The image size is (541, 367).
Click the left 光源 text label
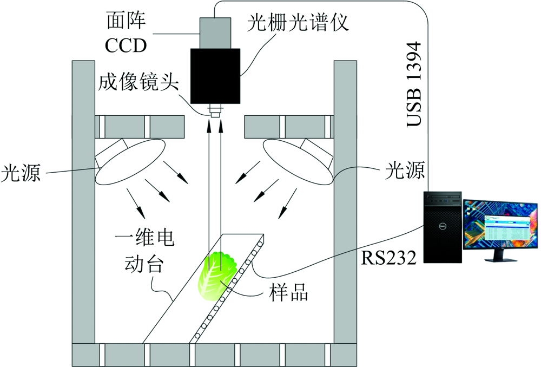[20, 174]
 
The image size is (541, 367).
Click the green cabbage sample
[215, 275]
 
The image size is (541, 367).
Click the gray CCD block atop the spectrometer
[215, 32]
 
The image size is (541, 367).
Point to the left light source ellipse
[130, 161]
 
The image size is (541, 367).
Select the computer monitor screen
[500, 224]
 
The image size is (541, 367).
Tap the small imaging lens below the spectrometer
[215, 113]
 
